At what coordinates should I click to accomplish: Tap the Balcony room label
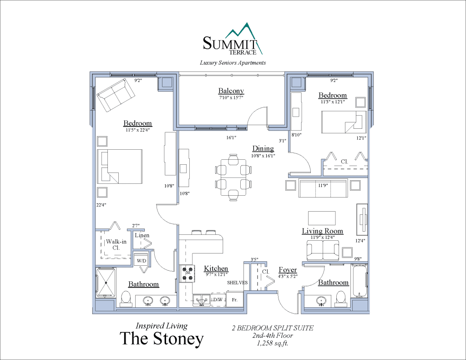231,91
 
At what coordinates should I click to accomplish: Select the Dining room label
263,148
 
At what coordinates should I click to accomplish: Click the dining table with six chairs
233,177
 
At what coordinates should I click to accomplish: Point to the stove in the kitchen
187,274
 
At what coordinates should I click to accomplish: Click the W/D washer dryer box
142,261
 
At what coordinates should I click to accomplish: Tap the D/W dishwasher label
218,299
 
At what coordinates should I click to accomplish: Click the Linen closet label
142,235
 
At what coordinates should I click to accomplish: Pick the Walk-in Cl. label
113,245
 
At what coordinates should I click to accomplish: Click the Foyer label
288,270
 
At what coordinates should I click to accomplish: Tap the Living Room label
322,231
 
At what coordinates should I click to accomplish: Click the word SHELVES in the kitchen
238,283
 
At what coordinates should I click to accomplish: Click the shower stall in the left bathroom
106,283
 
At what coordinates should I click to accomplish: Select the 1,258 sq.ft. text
273,343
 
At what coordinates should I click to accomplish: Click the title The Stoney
162,339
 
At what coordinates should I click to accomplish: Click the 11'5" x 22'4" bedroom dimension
137,130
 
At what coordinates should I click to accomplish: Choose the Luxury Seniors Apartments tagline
233,63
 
